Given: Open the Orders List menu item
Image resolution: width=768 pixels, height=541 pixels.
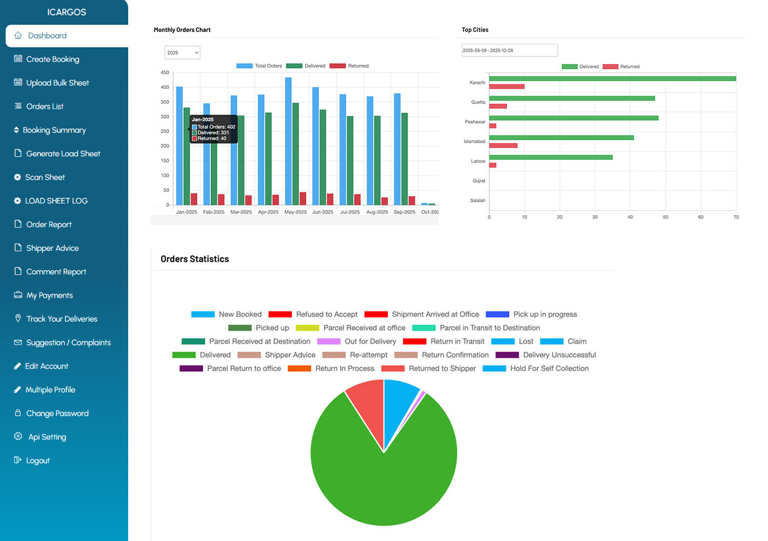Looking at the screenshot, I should pos(44,106).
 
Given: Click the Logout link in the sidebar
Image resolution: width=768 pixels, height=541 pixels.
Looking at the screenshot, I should pos(38,460).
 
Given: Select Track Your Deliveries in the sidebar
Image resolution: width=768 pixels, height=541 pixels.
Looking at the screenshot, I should pos(61,319).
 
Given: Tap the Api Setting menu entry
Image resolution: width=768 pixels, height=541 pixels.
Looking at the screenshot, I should pos(47,437).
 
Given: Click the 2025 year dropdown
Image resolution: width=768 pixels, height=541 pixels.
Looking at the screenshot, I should pos(182,53).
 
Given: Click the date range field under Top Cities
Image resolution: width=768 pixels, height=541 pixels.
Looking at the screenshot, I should pos(509,51).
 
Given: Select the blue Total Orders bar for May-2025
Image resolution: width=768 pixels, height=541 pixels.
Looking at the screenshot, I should pos(288,140).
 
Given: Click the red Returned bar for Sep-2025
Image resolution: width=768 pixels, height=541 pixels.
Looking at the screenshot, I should pos(412,201).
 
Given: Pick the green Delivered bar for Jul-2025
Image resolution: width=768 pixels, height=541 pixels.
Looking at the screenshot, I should pos(350,160).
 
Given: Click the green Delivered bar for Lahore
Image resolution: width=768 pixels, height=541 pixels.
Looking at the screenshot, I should pos(550,157).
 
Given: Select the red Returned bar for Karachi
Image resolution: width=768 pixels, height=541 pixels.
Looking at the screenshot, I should pos(507,87).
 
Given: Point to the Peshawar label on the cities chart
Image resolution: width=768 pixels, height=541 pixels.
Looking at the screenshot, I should pos(475,122).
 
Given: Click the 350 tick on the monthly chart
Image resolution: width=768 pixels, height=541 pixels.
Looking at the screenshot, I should pos(165,102).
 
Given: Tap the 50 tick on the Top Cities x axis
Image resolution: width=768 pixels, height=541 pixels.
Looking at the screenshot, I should pos(665,217).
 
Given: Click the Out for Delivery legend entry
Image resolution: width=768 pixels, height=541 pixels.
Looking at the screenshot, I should pos(370,342).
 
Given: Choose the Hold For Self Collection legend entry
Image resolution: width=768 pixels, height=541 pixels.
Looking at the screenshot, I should pos(549,369).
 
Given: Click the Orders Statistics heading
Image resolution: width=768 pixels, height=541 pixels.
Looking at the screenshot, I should pos(195,259).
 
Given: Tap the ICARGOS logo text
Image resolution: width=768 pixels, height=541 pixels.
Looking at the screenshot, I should pos(66,12).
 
